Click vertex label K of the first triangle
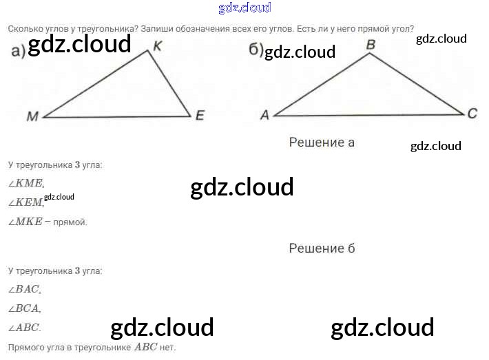tap(158, 45)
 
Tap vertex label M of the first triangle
tap(32, 116)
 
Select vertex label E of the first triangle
tap(200, 115)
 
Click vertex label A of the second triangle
tap(264, 115)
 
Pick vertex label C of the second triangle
tap(472, 114)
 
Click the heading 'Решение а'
tap(322, 142)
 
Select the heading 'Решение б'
tap(322, 248)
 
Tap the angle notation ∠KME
tap(25, 183)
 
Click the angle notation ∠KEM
tap(25, 202)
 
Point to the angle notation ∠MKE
tap(25, 222)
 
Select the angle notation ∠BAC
tap(24, 290)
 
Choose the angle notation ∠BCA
tap(24, 309)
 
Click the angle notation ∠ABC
tap(24, 328)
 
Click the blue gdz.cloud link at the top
tap(244, 8)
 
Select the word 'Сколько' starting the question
tap(25, 29)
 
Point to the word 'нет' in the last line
tap(167, 348)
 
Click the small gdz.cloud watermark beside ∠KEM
tap(59, 198)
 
